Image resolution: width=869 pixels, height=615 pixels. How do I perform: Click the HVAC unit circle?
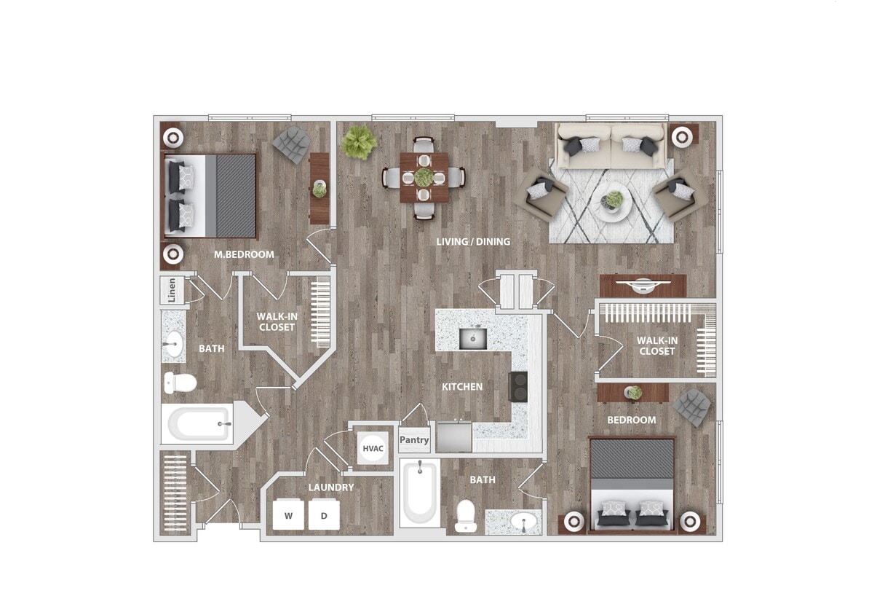point(373,448)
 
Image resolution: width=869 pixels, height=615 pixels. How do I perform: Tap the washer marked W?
point(289,516)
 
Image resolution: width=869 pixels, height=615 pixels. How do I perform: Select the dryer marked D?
point(324,516)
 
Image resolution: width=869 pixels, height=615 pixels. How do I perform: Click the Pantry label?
point(414,440)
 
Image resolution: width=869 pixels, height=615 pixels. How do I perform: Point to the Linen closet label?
point(172,291)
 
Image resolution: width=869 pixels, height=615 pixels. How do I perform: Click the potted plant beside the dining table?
point(360,141)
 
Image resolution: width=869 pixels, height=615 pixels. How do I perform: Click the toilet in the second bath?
point(465,516)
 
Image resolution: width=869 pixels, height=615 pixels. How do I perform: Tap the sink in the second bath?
point(524,522)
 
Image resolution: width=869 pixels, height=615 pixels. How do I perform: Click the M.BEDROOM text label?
point(244,255)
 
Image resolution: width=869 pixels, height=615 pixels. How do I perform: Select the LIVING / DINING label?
point(473,242)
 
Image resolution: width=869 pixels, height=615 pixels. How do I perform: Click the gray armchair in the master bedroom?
point(292,144)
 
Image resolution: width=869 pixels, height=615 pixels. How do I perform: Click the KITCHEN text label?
point(462,386)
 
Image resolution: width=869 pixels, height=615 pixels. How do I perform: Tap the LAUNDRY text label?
point(330,487)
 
